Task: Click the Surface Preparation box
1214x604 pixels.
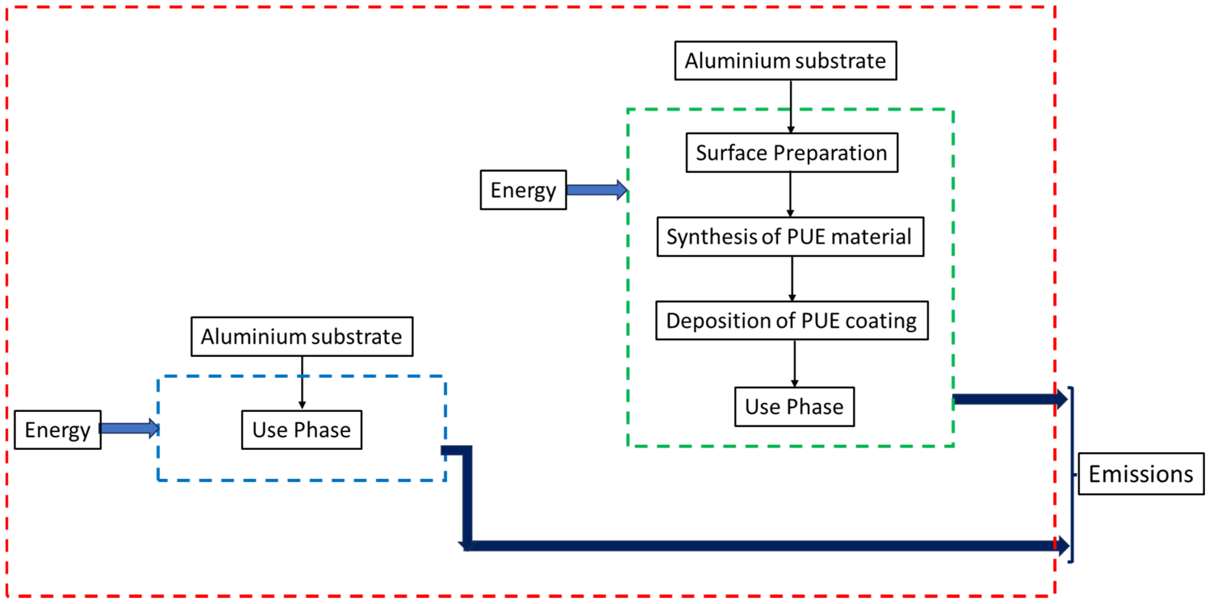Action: [x=792, y=153]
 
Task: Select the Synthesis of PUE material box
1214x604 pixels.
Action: [x=790, y=237]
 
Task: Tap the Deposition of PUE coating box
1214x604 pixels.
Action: [x=792, y=321]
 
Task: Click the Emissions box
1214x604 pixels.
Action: [x=1141, y=474]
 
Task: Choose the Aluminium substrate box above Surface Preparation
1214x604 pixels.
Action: [x=786, y=61]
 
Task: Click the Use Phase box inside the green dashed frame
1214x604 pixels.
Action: [x=794, y=407]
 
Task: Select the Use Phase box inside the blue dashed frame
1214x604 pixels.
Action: [x=302, y=430]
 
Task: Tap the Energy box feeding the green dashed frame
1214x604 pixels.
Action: [x=523, y=190]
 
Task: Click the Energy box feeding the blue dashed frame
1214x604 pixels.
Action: [x=58, y=430]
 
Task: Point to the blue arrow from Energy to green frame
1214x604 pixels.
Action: [x=596, y=190]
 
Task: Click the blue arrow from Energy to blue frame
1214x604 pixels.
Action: [x=130, y=428]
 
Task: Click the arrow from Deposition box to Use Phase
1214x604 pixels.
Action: [x=795, y=363]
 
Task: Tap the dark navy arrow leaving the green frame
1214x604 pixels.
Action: [x=1008, y=399]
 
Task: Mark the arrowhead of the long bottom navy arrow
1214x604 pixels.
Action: [x=1063, y=546]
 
